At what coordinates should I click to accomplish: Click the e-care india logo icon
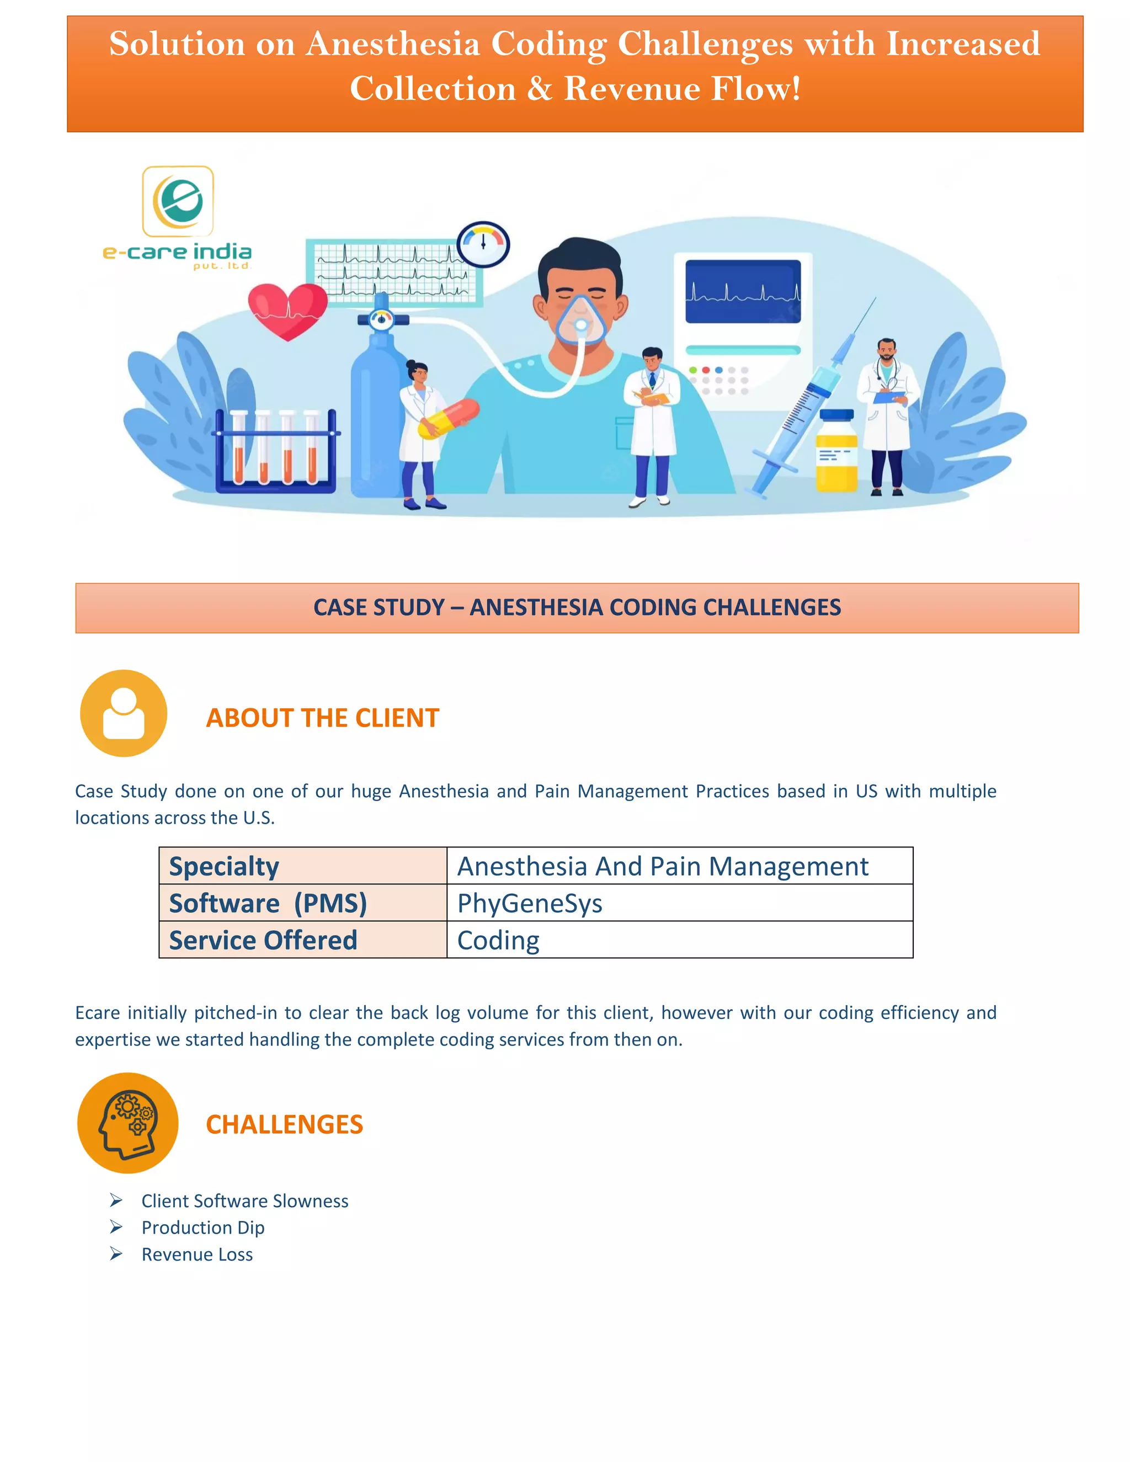(178, 201)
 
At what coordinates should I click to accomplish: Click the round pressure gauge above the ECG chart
(483, 244)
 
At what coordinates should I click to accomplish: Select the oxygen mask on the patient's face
(580, 319)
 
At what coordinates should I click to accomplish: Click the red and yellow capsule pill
(449, 418)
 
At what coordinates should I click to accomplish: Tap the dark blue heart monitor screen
(743, 291)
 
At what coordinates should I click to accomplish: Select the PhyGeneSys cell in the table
(530, 903)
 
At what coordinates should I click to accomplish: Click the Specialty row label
(223, 866)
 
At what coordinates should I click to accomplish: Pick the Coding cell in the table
(498, 940)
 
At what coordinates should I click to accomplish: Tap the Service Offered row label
(263, 940)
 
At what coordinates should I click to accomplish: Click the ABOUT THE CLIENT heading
(322, 718)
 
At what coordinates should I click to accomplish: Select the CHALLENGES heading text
(285, 1124)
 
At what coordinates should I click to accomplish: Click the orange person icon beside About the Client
(123, 713)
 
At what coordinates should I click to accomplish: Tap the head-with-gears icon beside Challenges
(128, 1123)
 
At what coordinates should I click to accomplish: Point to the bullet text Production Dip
(203, 1228)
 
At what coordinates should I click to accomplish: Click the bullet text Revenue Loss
(197, 1255)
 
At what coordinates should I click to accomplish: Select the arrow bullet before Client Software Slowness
(116, 1200)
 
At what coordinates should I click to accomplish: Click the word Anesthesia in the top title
(393, 44)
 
